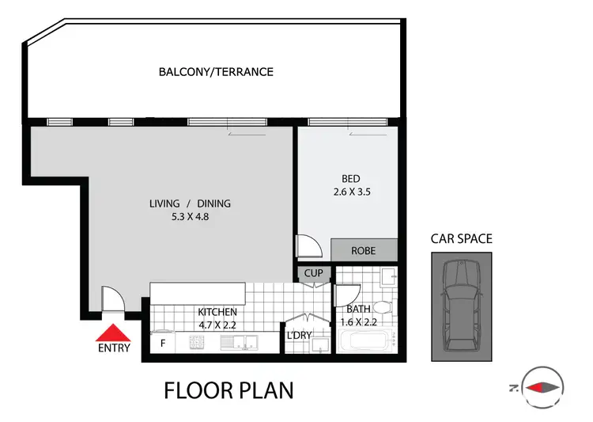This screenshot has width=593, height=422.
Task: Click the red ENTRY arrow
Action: click(115, 333)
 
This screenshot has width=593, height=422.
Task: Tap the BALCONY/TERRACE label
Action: click(216, 72)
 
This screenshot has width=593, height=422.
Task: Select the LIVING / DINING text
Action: click(190, 203)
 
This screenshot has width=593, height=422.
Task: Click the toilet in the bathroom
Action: click(382, 307)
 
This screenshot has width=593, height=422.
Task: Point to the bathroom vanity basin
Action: click(388, 278)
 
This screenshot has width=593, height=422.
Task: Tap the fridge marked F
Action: click(162, 344)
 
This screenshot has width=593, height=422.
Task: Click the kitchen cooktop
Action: click(198, 343)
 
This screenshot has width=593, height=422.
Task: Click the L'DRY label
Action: click(299, 336)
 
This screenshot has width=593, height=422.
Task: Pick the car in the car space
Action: click(461, 306)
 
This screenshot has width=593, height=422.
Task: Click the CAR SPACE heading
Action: click(461, 238)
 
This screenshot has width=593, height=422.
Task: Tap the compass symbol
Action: click(541, 387)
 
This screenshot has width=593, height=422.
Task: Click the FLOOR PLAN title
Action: click(229, 390)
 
